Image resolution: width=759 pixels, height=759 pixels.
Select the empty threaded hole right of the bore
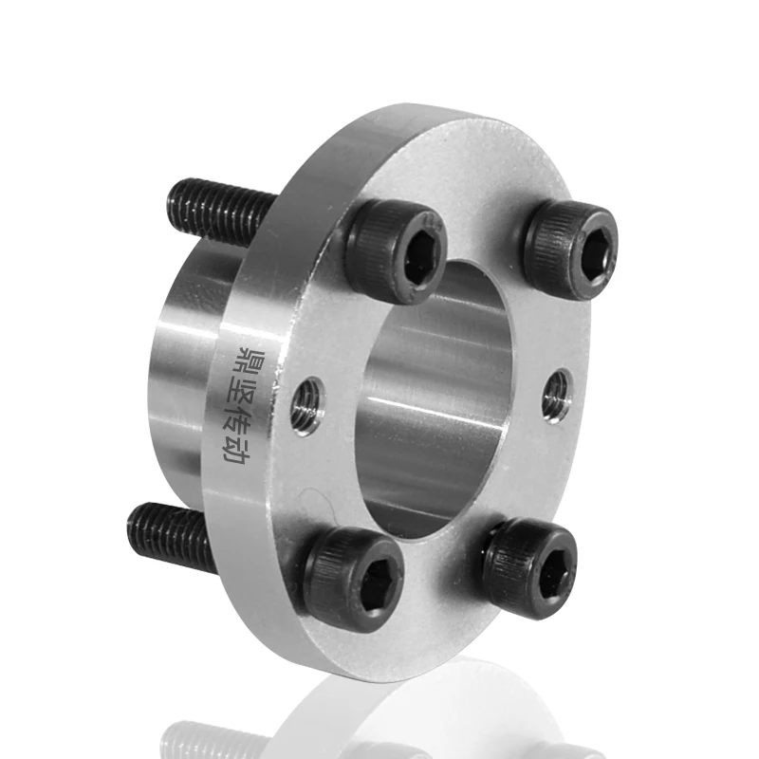point(556,396)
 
